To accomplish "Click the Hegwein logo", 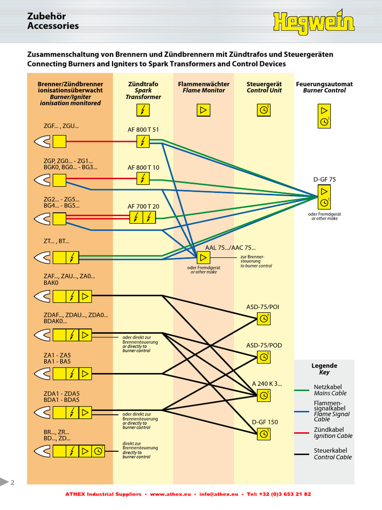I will pos(314,23).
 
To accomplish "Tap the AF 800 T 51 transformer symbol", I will pos(143,142).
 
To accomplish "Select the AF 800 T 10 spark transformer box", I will pos(143,179).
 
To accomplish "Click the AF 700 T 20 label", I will pos(143,207).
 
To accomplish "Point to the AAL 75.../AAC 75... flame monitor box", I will pos(203,257).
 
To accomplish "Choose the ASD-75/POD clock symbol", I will pos(264,357).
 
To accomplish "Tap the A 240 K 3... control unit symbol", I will pos(264,395).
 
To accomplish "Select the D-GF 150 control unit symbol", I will pos(264,434).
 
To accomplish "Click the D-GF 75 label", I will pos(324,180).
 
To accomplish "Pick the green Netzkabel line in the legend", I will pos(303,390).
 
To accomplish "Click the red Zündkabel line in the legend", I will pos(303,433).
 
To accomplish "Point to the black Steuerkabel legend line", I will pos(303,454).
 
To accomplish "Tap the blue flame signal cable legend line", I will pos(303,411).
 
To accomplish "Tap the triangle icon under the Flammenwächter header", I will pos(203,111).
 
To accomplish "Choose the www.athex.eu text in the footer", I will pos(171,494).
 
